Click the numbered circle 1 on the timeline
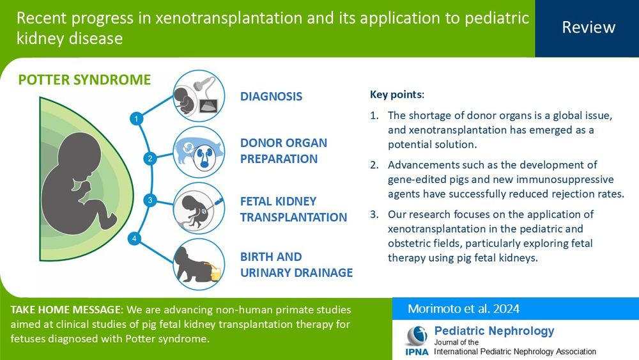click(x=136, y=119)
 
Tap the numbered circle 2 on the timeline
click(x=150, y=159)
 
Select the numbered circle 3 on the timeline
click(x=150, y=200)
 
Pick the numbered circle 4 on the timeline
click(x=134, y=239)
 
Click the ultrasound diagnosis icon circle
click(x=199, y=96)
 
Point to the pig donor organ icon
click(x=199, y=152)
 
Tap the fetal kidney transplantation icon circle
click(x=199, y=208)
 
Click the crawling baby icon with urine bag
click(x=199, y=264)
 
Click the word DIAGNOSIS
click(x=271, y=96)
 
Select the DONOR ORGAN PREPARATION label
click(x=284, y=151)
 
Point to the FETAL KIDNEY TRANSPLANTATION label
click(x=293, y=209)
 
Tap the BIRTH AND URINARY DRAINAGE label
click(x=296, y=265)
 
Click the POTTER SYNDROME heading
click(x=84, y=79)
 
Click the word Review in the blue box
click(x=589, y=27)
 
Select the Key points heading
click(x=397, y=95)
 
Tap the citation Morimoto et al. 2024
click(x=463, y=309)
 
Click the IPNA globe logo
click(x=417, y=336)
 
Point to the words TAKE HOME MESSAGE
click(x=66, y=309)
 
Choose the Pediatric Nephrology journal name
click(x=494, y=331)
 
